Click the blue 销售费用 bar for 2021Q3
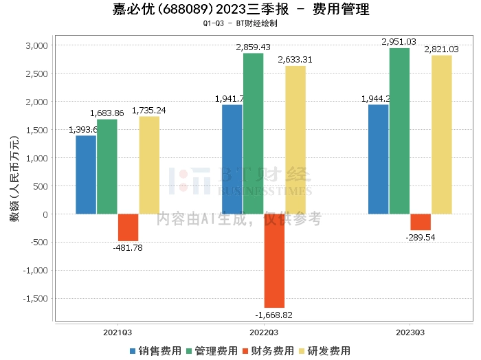point(86,175)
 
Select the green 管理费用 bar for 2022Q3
point(253,133)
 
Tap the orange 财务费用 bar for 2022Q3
point(274,260)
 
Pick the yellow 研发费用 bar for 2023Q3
point(442,135)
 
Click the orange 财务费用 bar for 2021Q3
point(128,227)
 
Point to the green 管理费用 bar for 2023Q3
point(399,131)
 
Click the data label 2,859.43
point(254,47)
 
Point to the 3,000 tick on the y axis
point(37,45)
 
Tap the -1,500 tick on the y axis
point(35,299)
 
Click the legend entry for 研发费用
point(324,350)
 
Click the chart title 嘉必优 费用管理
point(240,10)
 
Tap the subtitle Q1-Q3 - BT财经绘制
point(240,23)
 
